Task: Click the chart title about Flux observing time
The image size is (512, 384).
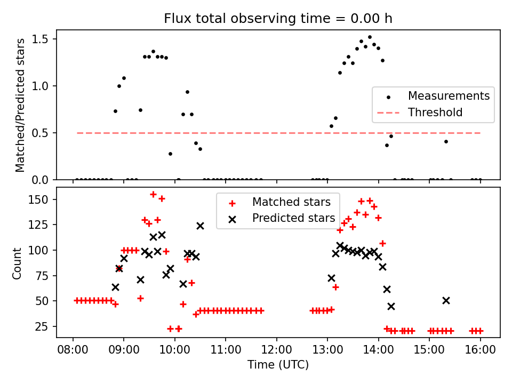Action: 278,19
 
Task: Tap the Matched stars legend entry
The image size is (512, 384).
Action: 291,202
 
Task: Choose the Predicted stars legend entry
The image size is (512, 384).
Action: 293,218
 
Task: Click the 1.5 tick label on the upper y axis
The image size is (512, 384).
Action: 41,39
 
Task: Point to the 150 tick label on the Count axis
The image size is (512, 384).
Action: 39,199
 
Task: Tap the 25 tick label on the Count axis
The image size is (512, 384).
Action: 42,326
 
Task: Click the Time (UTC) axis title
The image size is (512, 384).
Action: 278,365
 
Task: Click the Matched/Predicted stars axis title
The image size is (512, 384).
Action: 20,105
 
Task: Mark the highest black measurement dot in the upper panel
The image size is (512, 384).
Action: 370,37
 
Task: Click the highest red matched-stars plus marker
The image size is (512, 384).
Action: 153,195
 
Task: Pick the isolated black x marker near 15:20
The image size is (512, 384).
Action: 446,300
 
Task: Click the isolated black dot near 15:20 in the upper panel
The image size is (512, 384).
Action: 446,141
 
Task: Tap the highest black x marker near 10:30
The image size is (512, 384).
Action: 200,226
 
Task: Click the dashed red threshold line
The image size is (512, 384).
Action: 277,133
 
